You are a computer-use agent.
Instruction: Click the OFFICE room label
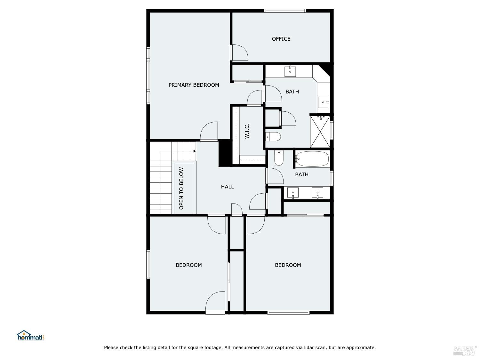click(281, 39)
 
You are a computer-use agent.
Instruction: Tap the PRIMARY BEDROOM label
click(194, 85)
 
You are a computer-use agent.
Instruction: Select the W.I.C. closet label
click(247, 131)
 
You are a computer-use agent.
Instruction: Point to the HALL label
click(227, 187)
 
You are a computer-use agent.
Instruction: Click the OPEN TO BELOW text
click(181, 188)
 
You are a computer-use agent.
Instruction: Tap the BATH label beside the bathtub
click(301, 174)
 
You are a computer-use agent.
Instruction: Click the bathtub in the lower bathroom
click(312, 159)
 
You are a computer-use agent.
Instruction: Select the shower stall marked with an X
click(320, 132)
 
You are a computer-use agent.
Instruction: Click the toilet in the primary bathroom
click(273, 137)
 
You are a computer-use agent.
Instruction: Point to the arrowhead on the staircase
click(194, 151)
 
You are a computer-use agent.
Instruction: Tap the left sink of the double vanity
click(293, 193)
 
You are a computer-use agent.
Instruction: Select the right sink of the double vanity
click(317, 193)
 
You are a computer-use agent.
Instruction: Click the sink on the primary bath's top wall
click(290, 71)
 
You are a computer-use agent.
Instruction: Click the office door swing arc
click(241, 52)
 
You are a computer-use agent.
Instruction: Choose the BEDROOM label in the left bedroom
click(188, 265)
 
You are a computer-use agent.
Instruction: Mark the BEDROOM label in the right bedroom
click(288, 265)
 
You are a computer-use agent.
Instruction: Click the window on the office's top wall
click(285, 11)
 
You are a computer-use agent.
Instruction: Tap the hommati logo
click(30, 336)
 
